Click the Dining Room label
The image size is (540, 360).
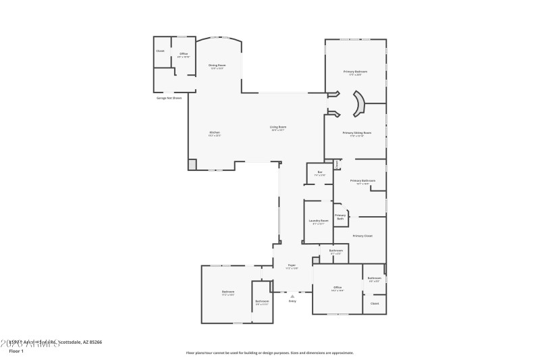point(217,66)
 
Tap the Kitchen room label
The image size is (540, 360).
point(215,132)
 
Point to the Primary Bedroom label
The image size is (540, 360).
point(355,72)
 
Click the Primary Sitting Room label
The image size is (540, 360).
point(356,133)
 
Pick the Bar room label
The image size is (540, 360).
point(320,172)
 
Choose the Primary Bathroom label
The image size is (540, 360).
point(362,181)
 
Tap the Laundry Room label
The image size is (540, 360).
point(319,221)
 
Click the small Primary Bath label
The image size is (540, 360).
point(340,216)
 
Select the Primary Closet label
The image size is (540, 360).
point(362,236)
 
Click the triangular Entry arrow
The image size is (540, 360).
point(292,296)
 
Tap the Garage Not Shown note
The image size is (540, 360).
point(169,98)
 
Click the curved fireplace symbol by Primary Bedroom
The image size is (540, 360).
point(359,103)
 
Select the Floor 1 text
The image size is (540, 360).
point(16,351)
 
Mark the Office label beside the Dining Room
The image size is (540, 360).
point(183,54)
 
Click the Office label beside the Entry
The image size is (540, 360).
point(337,288)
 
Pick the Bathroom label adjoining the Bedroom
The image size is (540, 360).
point(262,301)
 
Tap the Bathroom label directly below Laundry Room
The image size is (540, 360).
point(335,251)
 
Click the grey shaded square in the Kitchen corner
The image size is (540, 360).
point(192,164)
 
